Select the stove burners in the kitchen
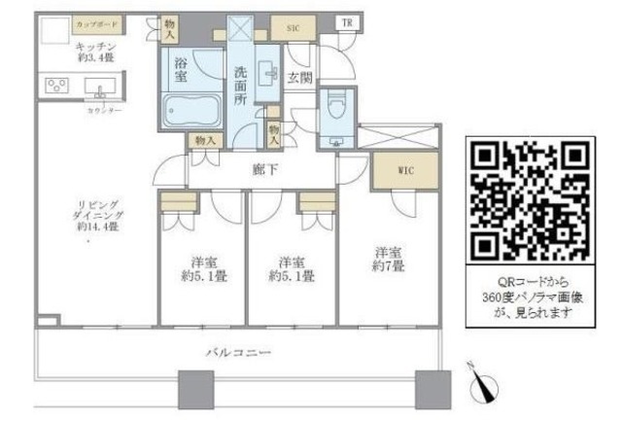(x=56, y=87)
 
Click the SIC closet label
(x=292, y=28)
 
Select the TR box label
(x=345, y=22)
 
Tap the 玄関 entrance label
(x=297, y=78)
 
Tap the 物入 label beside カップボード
(x=169, y=28)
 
